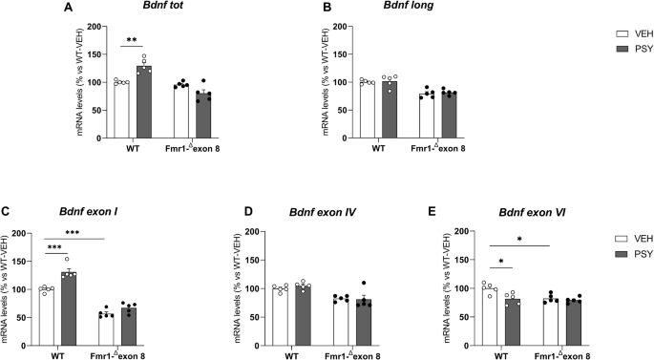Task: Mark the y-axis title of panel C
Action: pyautogui.click(x=14, y=286)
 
